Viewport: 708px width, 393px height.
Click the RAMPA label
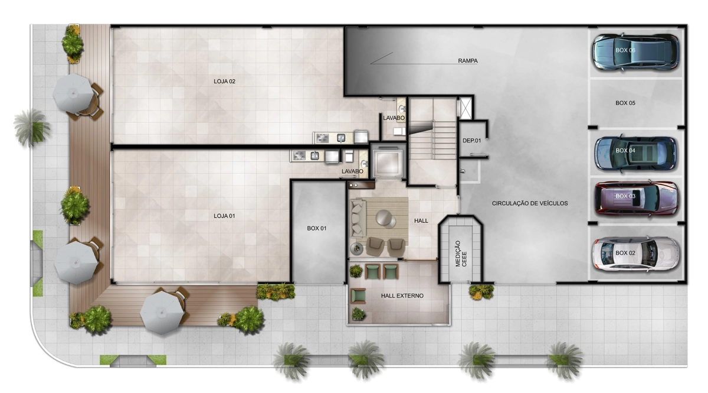[x=468, y=61]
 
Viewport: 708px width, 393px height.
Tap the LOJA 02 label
[x=224, y=82]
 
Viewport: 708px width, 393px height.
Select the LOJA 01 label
[x=224, y=216]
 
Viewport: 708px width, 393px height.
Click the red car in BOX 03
[x=637, y=199]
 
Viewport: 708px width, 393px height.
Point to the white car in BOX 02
[x=635, y=254]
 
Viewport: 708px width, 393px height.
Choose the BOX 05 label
[x=625, y=103]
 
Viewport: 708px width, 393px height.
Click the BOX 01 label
[x=317, y=228]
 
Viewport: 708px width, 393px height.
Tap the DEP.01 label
[x=471, y=141]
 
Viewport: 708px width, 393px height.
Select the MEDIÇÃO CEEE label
[x=461, y=254]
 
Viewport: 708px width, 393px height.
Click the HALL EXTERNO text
[x=402, y=295]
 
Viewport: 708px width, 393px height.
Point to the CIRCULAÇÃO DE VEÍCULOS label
[x=530, y=203]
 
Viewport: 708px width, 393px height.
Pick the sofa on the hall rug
[x=358, y=218]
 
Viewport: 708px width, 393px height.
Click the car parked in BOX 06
[x=635, y=52]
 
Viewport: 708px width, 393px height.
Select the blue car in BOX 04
[x=635, y=154]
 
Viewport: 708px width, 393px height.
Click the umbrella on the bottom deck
[x=162, y=313]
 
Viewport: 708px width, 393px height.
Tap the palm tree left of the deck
[x=31, y=128]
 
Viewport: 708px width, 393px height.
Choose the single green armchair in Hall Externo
[x=358, y=296]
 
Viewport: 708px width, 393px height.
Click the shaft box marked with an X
[x=466, y=108]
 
